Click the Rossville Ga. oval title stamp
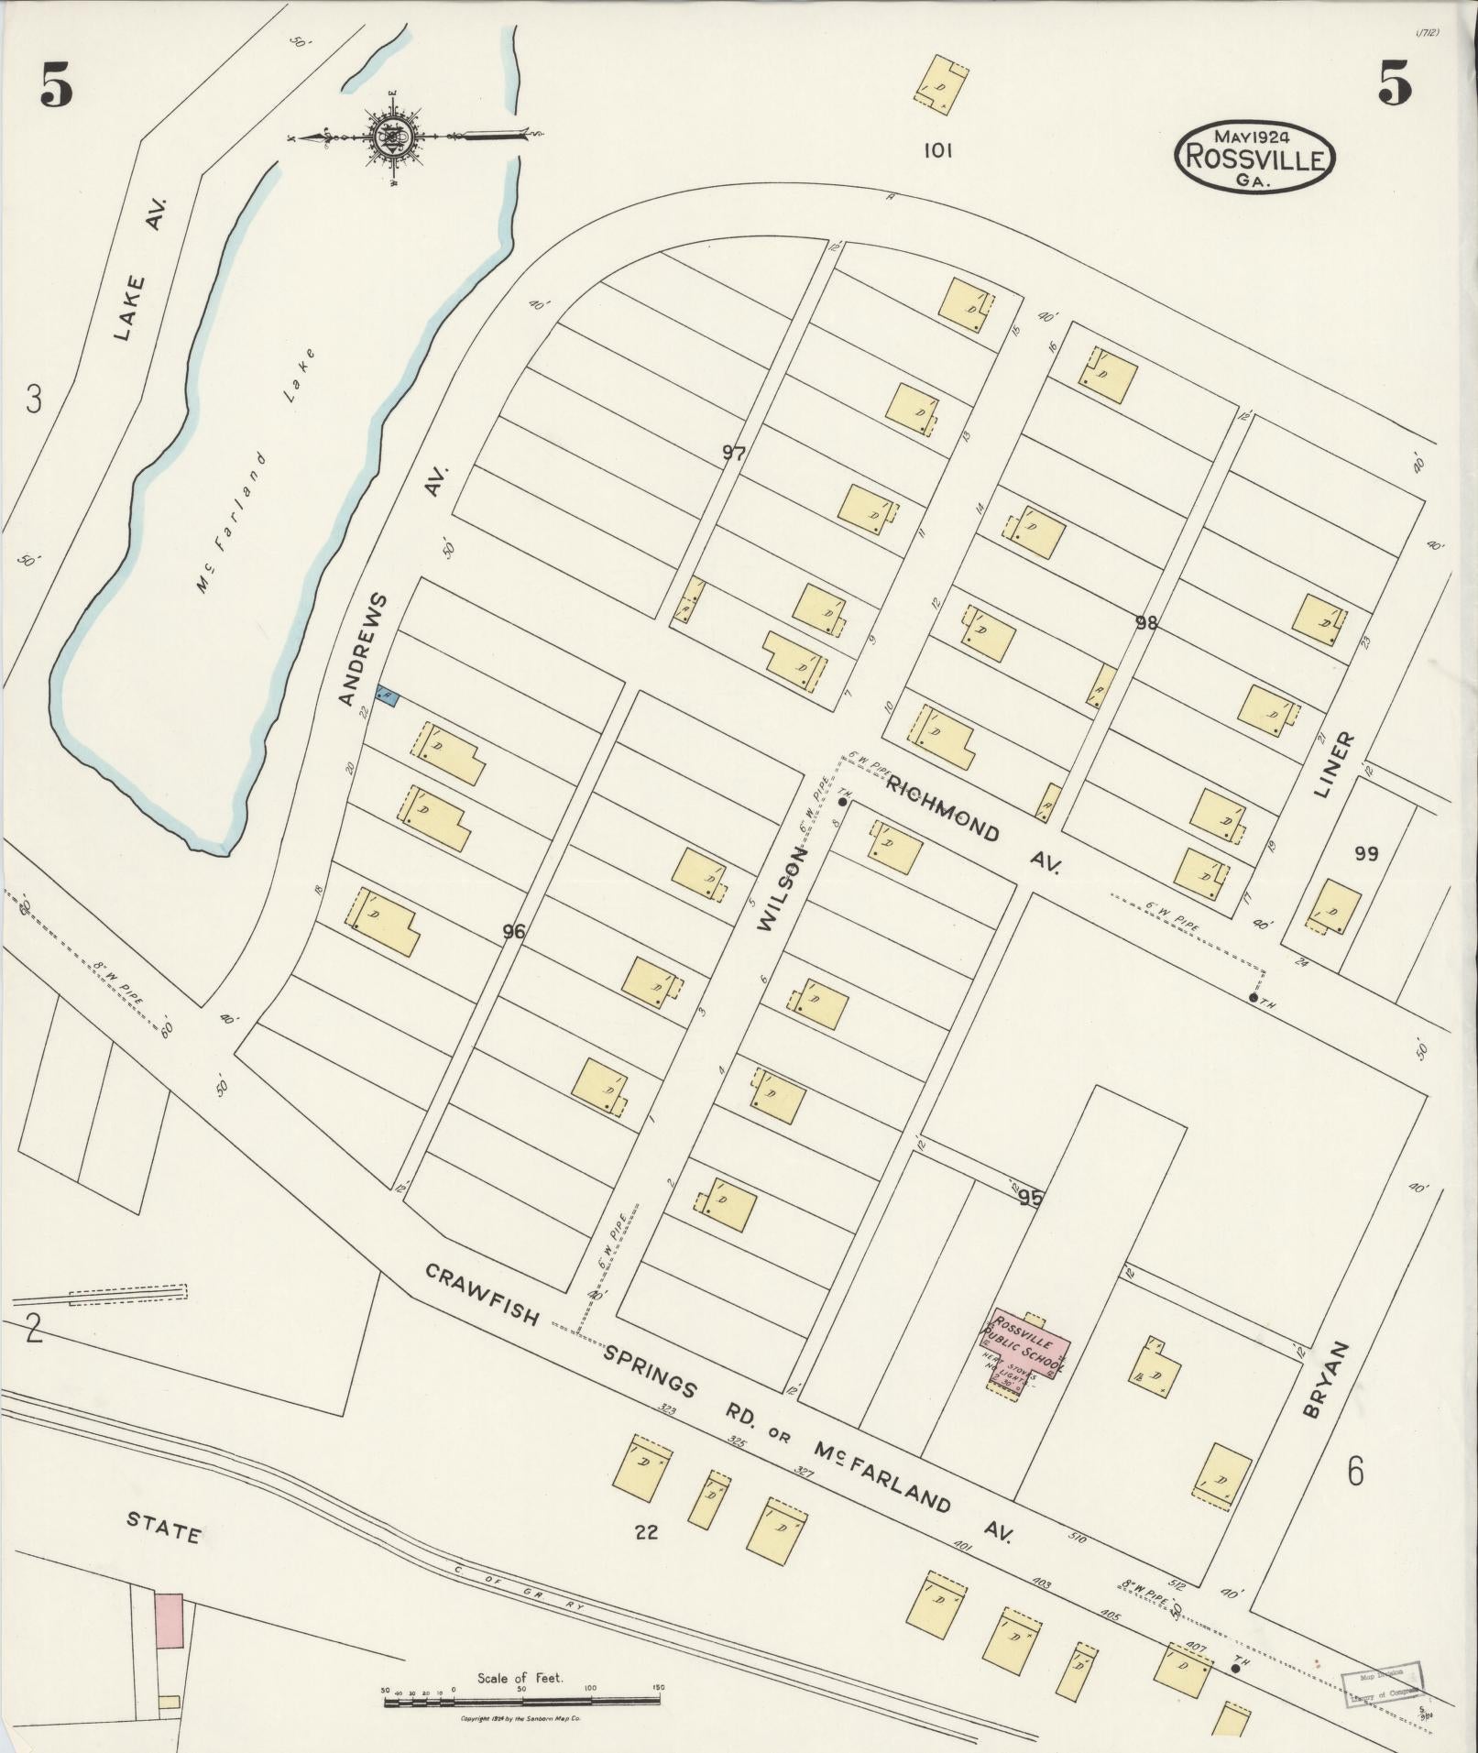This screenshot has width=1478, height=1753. (1255, 158)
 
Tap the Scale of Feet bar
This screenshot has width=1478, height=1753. (522, 1702)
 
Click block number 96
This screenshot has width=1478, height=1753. (514, 932)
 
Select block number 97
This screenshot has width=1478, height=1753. (734, 452)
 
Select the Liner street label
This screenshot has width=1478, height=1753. (1333, 764)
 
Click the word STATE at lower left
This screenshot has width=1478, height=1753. (162, 1528)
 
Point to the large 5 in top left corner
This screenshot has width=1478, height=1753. (56, 87)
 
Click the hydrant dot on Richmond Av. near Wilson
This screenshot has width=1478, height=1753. (842, 802)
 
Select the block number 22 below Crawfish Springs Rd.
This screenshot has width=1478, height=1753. (646, 1532)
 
